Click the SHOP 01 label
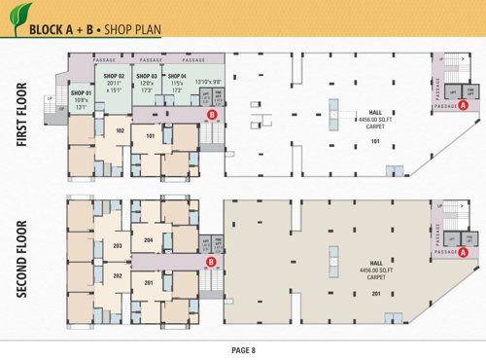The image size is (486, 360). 80,91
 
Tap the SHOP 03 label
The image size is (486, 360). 146,76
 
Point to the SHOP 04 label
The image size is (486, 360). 176,76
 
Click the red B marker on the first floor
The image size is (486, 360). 212,115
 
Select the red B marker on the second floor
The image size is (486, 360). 210,261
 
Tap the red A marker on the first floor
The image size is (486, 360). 464,104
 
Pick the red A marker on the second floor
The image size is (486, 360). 464,252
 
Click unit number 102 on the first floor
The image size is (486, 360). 120,129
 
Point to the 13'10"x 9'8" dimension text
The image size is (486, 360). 210,81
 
